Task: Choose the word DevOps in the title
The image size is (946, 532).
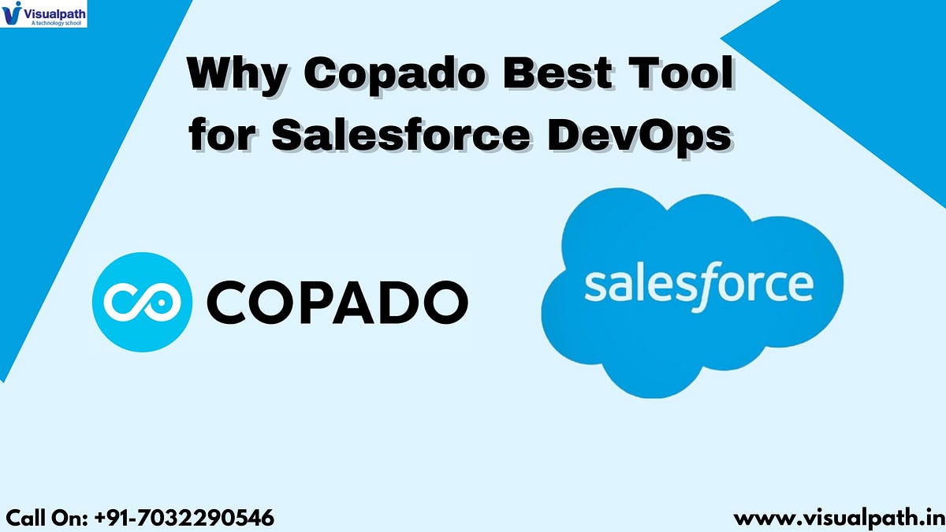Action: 639,136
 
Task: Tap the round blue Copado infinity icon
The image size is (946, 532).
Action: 141,300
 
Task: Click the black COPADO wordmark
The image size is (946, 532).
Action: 337,301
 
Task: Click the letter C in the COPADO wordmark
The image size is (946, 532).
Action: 228,301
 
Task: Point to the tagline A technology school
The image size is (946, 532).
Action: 55,23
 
